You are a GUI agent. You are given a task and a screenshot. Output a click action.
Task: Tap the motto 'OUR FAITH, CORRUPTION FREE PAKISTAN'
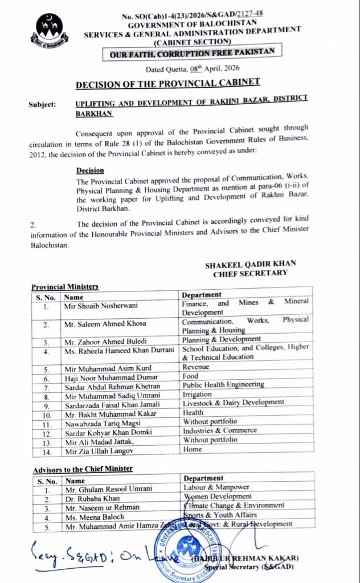pos(189,51)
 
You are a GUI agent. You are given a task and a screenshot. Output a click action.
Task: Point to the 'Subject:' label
pos(42,105)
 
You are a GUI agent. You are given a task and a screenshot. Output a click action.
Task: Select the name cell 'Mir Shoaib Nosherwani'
pos(100,305)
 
